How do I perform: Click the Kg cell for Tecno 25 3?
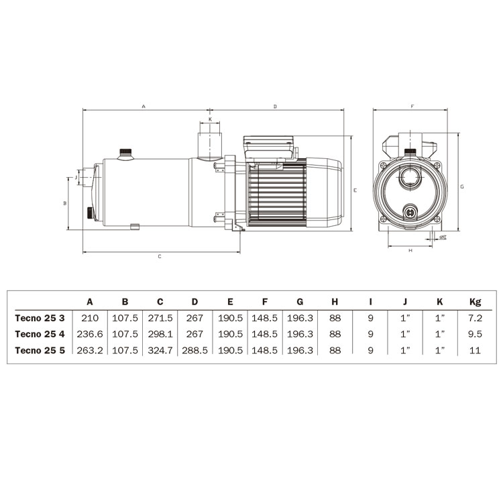click(x=475, y=318)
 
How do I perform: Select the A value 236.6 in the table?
click(x=90, y=334)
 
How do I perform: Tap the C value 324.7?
click(x=160, y=350)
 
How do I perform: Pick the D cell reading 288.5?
click(x=194, y=350)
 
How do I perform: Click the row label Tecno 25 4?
click(x=40, y=334)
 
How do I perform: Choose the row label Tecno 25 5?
click(x=40, y=350)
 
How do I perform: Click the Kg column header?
click(x=475, y=302)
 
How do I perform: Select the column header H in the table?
click(x=335, y=302)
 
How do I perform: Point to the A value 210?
click(x=90, y=318)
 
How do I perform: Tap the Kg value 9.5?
click(x=475, y=334)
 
